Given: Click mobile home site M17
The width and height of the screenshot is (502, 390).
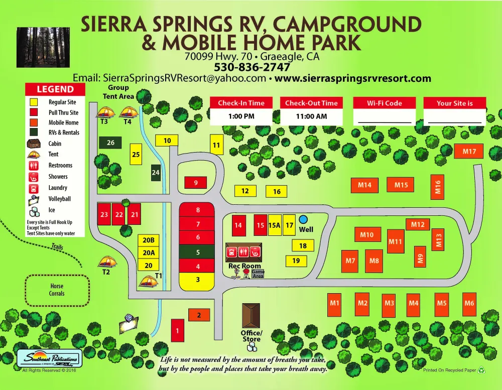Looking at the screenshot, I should [x=469, y=151].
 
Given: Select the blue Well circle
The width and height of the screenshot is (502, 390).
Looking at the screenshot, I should [x=303, y=219].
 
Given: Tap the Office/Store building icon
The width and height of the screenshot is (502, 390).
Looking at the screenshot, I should [x=252, y=315].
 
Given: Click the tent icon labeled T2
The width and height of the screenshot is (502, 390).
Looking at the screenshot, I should [x=107, y=262].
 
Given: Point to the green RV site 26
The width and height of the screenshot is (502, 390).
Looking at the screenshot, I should [x=110, y=143].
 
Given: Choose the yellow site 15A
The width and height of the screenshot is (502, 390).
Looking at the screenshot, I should [x=274, y=225].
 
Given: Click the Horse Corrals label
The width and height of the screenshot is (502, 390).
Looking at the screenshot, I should [x=57, y=290].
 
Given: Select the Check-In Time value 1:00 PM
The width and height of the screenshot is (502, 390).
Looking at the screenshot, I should [x=241, y=116].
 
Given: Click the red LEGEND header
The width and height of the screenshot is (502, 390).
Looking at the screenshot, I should [x=55, y=89].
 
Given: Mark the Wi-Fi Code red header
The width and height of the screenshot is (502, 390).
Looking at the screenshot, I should [x=385, y=103].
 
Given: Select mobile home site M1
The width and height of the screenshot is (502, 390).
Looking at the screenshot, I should [x=335, y=303].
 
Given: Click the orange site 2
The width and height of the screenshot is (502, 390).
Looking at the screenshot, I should [x=199, y=315].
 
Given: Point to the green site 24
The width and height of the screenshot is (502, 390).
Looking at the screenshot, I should [x=156, y=172].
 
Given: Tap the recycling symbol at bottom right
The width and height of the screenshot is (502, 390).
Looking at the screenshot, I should [x=481, y=370].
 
